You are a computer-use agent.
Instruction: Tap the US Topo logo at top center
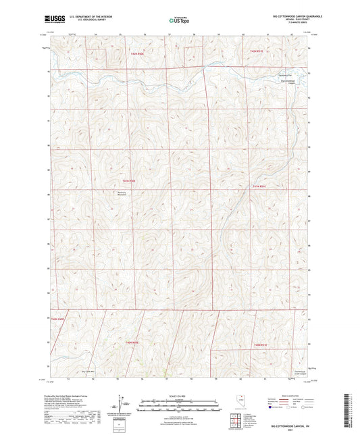[180, 21]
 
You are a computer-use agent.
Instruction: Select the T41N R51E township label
[260, 186]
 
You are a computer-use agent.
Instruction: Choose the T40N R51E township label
[261, 345]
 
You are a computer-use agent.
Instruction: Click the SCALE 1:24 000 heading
[180, 395]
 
